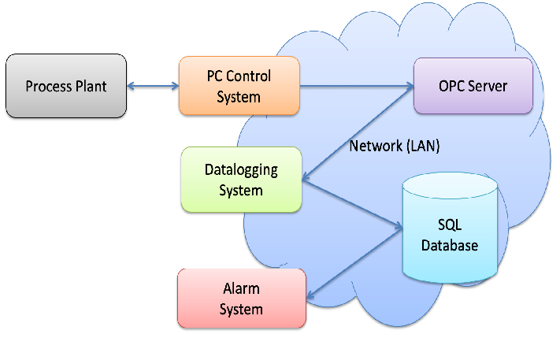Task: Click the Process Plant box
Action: pyautogui.click(x=65, y=86)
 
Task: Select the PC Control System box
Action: pyautogui.click(x=239, y=87)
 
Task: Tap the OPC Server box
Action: pyautogui.click(x=473, y=86)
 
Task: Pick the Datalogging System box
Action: pyautogui.click(x=241, y=180)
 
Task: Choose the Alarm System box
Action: pyautogui.click(x=241, y=299)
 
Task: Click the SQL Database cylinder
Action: pyautogui.click(x=449, y=232)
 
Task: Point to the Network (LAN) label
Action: pyautogui.click(x=395, y=146)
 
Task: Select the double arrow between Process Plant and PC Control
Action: pyautogui.click(x=153, y=86)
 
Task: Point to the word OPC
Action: pyautogui.click(x=452, y=86)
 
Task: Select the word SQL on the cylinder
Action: pyautogui.click(x=449, y=226)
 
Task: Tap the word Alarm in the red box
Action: pyautogui.click(x=241, y=289)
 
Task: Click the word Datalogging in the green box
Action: pyautogui.click(x=241, y=170)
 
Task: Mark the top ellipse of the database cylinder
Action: pyautogui.click(x=449, y=188)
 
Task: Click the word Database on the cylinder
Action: pyautogui.click(x=449, y=245)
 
